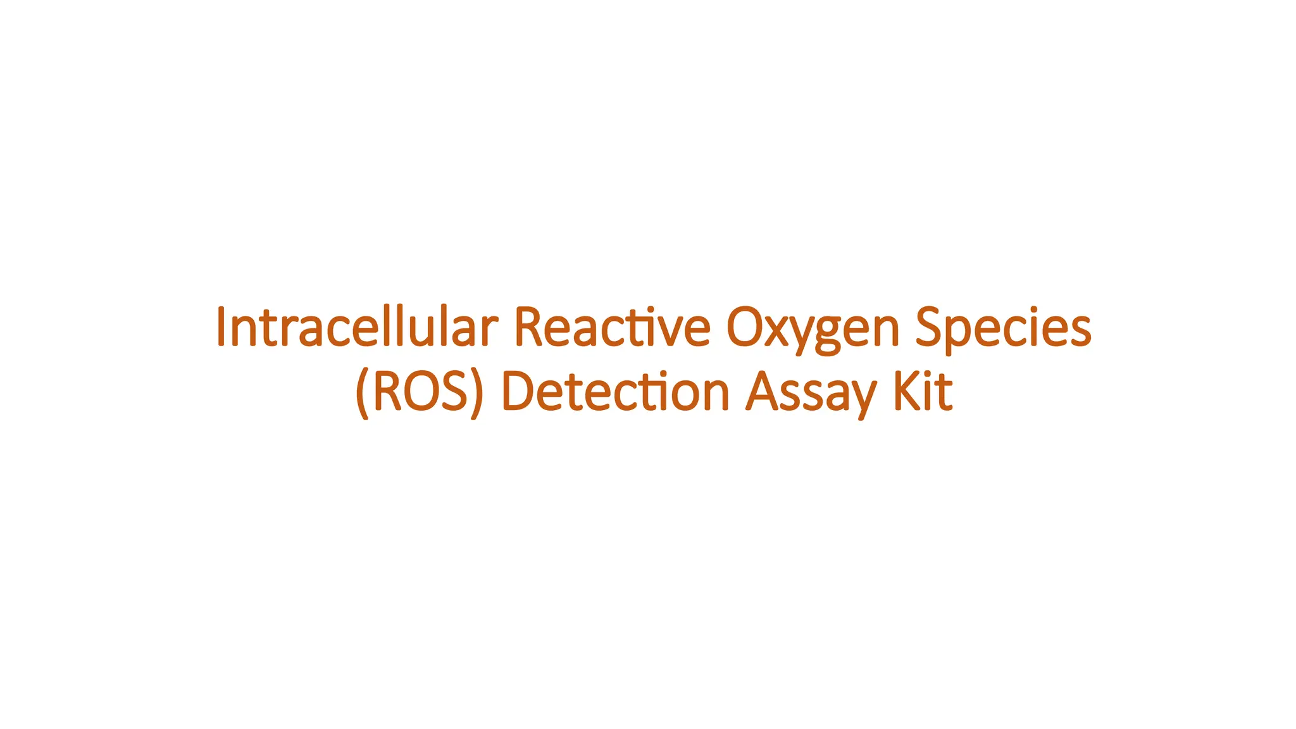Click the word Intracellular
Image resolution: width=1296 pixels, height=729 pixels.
(x=357, y=327)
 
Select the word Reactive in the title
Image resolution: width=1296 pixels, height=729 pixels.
(x=612, y=327)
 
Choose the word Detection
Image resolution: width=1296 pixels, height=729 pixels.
(x=616, y=392)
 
